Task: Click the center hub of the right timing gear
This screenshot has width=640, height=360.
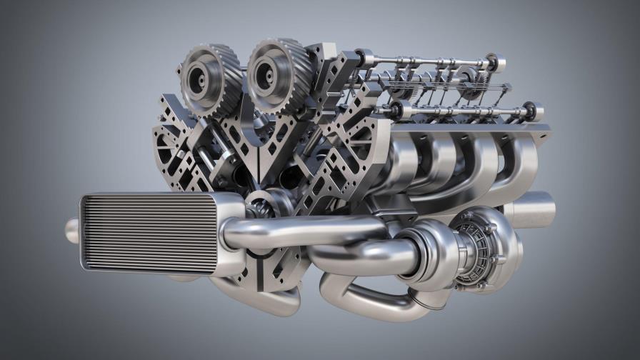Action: [268, 71]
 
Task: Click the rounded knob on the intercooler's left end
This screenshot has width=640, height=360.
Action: [72, 230]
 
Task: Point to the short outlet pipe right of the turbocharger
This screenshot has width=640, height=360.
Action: [532, 209]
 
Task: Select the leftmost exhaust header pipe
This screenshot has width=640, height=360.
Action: [407, 154]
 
